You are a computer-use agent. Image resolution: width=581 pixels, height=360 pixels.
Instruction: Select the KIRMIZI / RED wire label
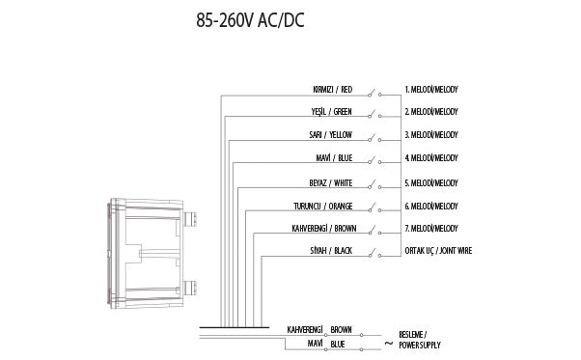[333, 90]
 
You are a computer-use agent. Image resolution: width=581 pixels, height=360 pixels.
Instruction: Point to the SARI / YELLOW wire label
[330, 136]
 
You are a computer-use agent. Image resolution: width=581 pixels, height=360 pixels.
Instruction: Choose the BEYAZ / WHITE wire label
[330, 182]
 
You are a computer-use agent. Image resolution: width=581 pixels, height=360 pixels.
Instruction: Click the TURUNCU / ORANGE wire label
[322, 206]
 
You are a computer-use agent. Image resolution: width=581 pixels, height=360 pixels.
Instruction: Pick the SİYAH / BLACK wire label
[330, 252]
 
